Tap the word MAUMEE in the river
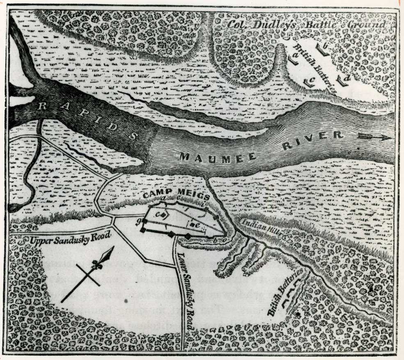tap(218, 156)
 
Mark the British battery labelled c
tap(308, 82)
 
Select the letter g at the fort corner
tap(140, 221)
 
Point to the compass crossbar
tap(88, 275)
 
